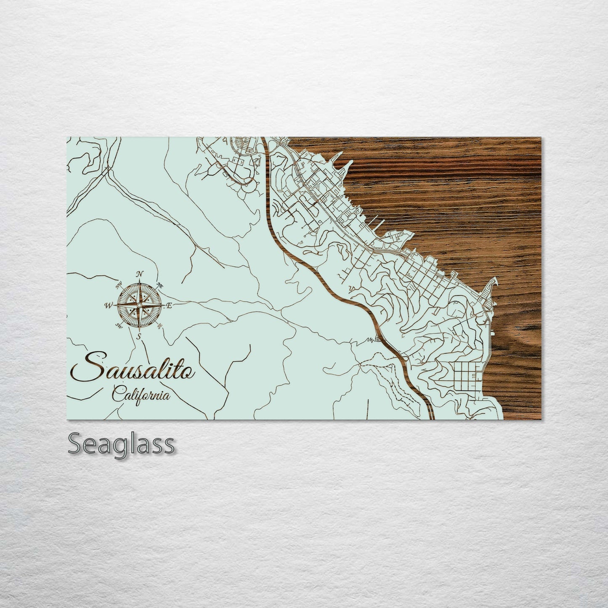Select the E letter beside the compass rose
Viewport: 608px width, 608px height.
169,306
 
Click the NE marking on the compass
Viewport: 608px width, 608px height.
159,285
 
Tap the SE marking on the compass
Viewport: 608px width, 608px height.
159,326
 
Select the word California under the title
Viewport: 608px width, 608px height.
141,395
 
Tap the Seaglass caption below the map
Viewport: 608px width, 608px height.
121,443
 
